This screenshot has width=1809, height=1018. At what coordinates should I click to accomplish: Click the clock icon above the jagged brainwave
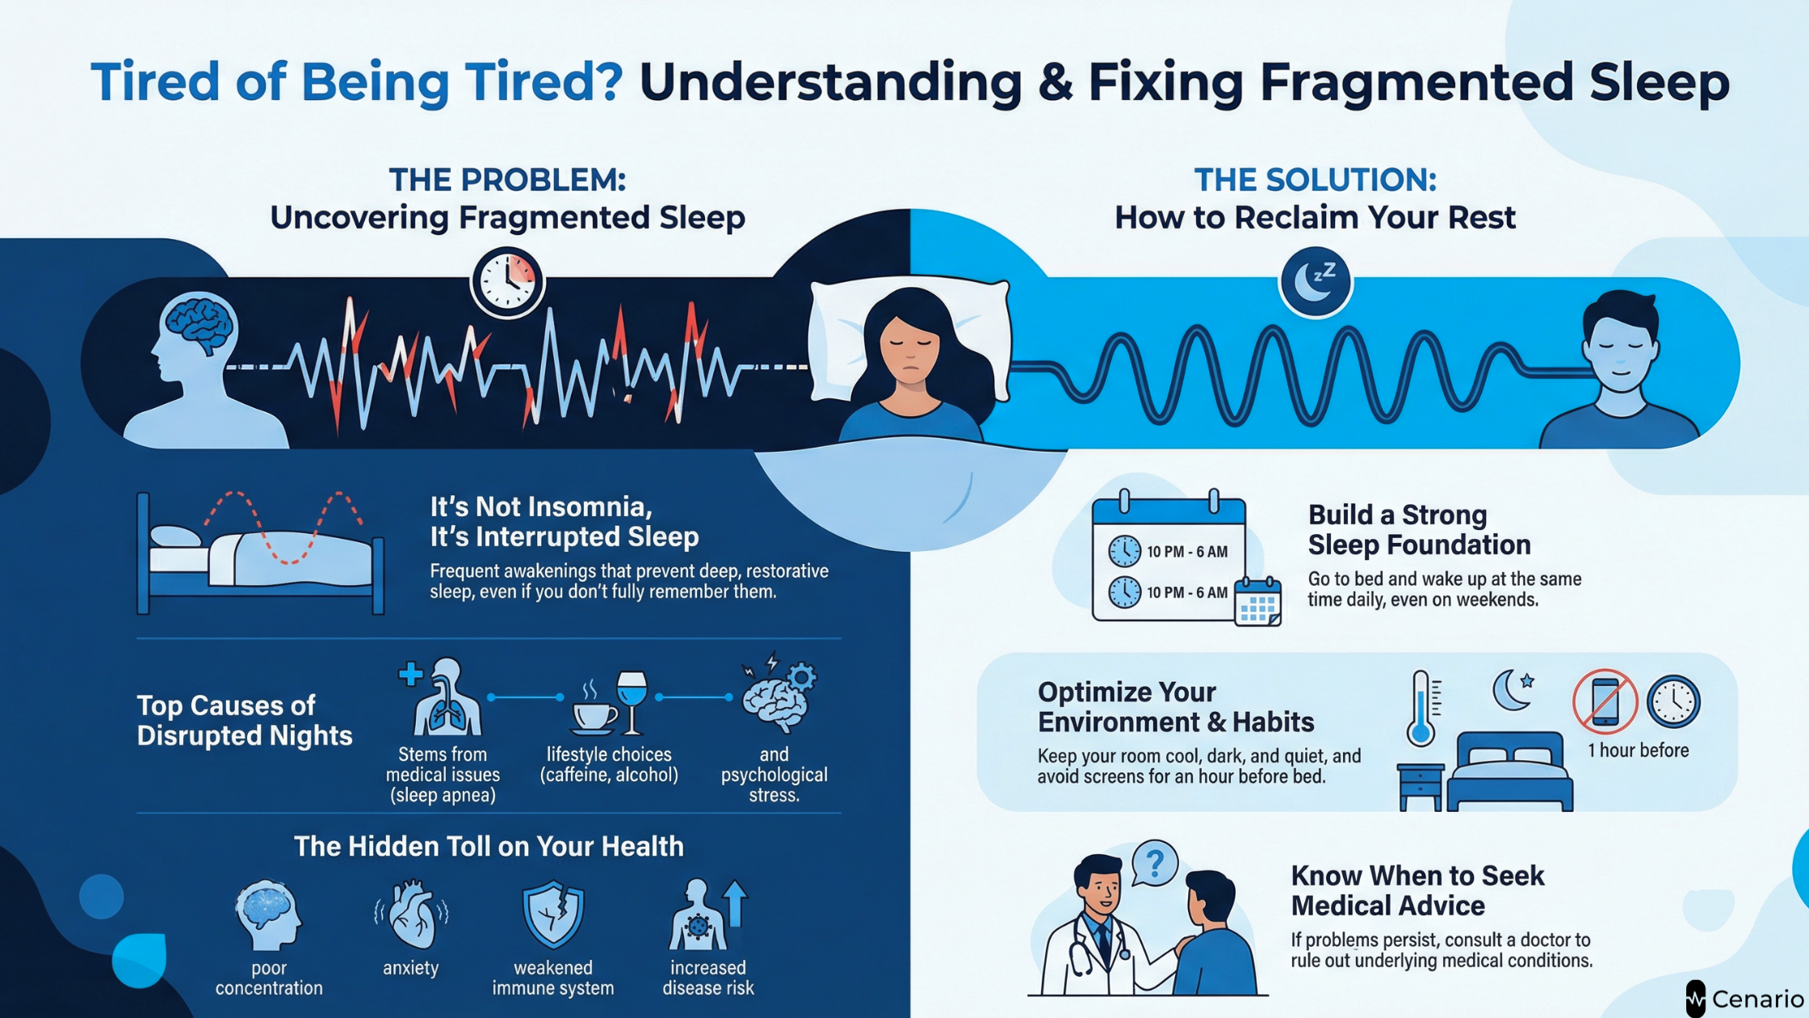coord(508,283)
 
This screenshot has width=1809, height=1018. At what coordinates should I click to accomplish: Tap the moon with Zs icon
coord(1315,282)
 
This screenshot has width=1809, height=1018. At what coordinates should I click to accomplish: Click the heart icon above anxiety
coord(411,916)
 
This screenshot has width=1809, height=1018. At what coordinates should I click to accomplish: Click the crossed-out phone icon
coord(1605,701)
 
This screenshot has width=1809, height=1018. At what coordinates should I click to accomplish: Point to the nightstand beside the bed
coord(1421,786)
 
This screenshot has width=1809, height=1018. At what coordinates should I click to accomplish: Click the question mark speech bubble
coord(1155,864)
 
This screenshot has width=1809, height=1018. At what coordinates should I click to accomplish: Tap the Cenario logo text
coord(1757,999)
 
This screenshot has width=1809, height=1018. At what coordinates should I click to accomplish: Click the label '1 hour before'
coord(1638,751)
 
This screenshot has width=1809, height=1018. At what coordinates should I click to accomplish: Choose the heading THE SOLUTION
coord(1315,179)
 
